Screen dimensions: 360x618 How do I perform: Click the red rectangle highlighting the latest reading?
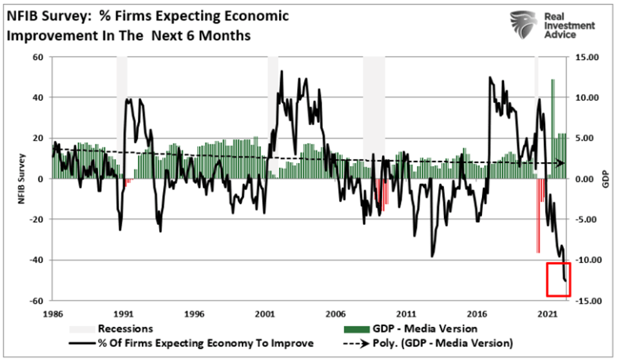click(558, 279)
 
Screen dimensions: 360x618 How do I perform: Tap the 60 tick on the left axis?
click(37, 57)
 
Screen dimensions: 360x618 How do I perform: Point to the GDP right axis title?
click(605, 179)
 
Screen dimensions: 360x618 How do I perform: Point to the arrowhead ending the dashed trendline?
click(561, 164)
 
